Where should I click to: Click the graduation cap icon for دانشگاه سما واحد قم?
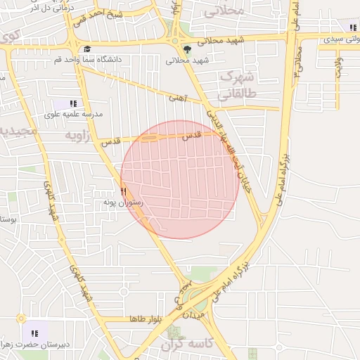[x=87, y=49]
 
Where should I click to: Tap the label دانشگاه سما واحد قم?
[x=87, y=59]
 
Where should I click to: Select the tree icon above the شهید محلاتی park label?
[x=187, y=49]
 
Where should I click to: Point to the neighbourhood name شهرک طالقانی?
[x=237, y=84]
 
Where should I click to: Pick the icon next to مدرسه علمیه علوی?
[x=74, y=103]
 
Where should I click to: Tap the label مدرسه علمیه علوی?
[x=74, y=114]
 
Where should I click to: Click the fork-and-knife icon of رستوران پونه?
[x=123, y=191]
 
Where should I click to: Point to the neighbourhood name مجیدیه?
[x=15, y=131]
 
